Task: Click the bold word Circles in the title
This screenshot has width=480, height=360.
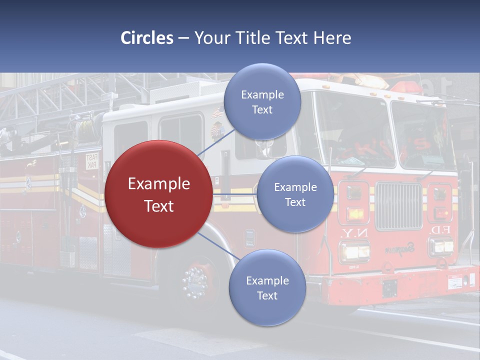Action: tap(147, 38)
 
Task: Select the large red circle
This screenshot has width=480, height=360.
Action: tap(158, 194)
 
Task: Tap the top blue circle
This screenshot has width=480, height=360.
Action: tap(262, 101)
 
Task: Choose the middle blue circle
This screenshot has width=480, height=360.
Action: tap(295, 194)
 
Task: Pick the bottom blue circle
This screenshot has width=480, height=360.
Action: tap(267, 287)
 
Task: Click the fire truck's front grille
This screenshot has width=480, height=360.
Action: tap(398, 205)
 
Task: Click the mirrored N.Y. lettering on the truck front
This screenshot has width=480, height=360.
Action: tap(354, 233)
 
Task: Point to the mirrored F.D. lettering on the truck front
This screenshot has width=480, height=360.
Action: tap(439, 230)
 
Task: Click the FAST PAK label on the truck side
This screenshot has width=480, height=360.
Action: tap(92, 161)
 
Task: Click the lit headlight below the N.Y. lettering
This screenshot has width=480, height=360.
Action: tap(354, 250)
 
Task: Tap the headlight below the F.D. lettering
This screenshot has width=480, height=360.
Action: tap(441, 246)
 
